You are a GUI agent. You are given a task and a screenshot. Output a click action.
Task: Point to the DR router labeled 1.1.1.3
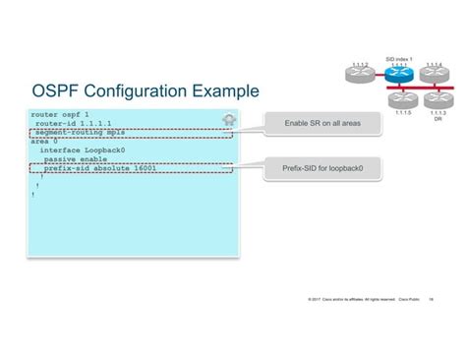coord(437,99)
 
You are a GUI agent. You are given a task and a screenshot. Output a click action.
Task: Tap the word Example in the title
coord(222,91)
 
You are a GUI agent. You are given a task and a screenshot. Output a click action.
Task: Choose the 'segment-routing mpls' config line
coord(66,133)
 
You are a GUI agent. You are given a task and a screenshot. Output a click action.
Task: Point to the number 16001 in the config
coord(142,168)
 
